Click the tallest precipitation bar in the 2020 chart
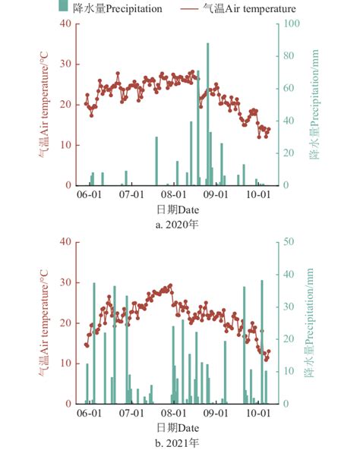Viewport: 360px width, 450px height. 208,114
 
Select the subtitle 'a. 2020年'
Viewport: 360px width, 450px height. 178,224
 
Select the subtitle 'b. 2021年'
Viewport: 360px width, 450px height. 178,442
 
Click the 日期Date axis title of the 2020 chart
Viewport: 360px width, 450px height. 178,209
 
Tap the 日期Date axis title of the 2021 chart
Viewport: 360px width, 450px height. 178,427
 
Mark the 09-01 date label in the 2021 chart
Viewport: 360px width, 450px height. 218,414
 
